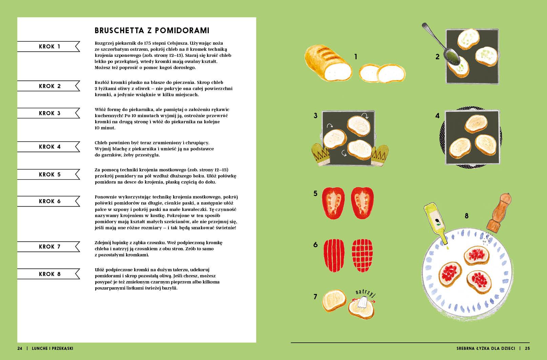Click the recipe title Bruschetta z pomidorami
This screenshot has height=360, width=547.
(x=152, y=30)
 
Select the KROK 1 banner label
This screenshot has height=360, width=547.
(x=49, y=46)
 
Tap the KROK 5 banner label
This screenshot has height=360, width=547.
(x=49, y=174)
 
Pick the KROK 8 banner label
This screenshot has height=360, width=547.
(x=49, y=274)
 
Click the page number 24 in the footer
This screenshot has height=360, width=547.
(x=20, y=348)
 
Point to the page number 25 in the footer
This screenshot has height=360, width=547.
(x=527, y=348)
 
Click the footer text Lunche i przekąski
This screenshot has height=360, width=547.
(x=53, y=348)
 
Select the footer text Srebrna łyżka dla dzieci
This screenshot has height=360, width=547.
(x=486, y=348)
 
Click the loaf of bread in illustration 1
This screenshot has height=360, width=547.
(x=328, y=63)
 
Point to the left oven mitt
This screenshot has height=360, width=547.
(x=321, y=154)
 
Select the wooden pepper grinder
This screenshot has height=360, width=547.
(x=499, y=212)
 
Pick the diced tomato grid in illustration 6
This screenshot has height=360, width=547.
(x=362, y=255)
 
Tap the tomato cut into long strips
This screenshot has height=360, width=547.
(x=334, y=255)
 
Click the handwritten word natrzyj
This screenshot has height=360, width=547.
(x=365, y=293)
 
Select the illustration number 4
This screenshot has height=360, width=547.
(x=437, y=115)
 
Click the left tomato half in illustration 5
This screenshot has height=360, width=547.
(x=333, y=203)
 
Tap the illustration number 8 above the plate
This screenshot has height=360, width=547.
(x=467, y=216)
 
